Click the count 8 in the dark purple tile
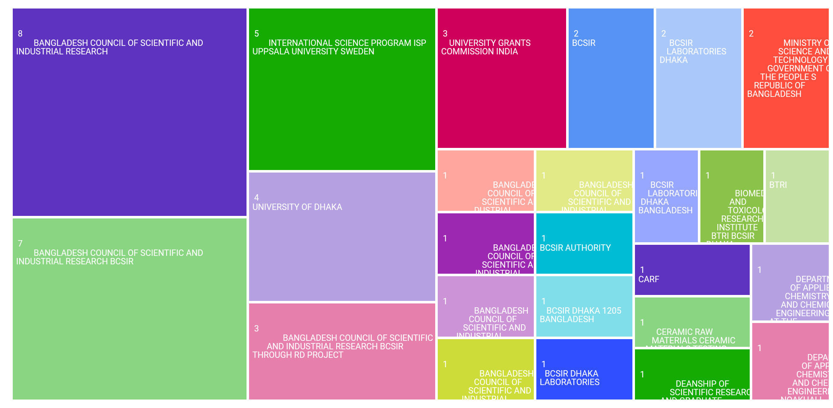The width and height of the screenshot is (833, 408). pyautogui.click(x=20, y=34)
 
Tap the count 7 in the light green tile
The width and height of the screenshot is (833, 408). pyautogui.click(x=20, y=244)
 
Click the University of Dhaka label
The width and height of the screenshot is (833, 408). pyautogui.click(x=297, y=207)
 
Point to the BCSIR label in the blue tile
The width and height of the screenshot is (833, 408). pyautogui.click(x=584, y=43)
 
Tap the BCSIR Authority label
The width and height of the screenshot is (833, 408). pyautogui.click(x=575, y=248)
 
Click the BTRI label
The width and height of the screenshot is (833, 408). pyautogui.click(x=778, y=185)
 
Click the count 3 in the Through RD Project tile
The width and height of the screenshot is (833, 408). pyautogui.click(x=256, y=329)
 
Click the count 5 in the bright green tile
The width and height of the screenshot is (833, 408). pyautogui.click(x=256, y=34)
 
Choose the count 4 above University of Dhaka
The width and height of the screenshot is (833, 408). pyautogui.click(x=256, y=198)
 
